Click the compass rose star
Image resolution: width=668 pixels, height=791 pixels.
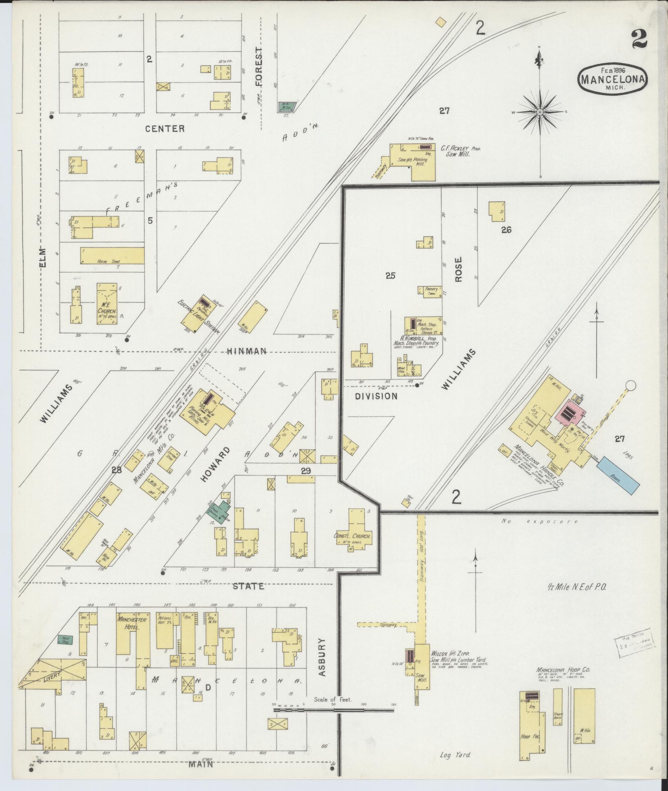[x=540, y=112]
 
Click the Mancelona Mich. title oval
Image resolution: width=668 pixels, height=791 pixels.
[x=613, y=79]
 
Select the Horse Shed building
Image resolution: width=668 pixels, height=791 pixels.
[x=112, y=256]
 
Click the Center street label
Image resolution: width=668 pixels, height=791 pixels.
[x=165, y=128]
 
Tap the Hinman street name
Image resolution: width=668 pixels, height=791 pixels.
[x=247, y=351]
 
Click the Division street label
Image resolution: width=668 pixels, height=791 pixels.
[x=376, y=396]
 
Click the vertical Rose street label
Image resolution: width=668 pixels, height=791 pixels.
[x=458, y=269]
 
